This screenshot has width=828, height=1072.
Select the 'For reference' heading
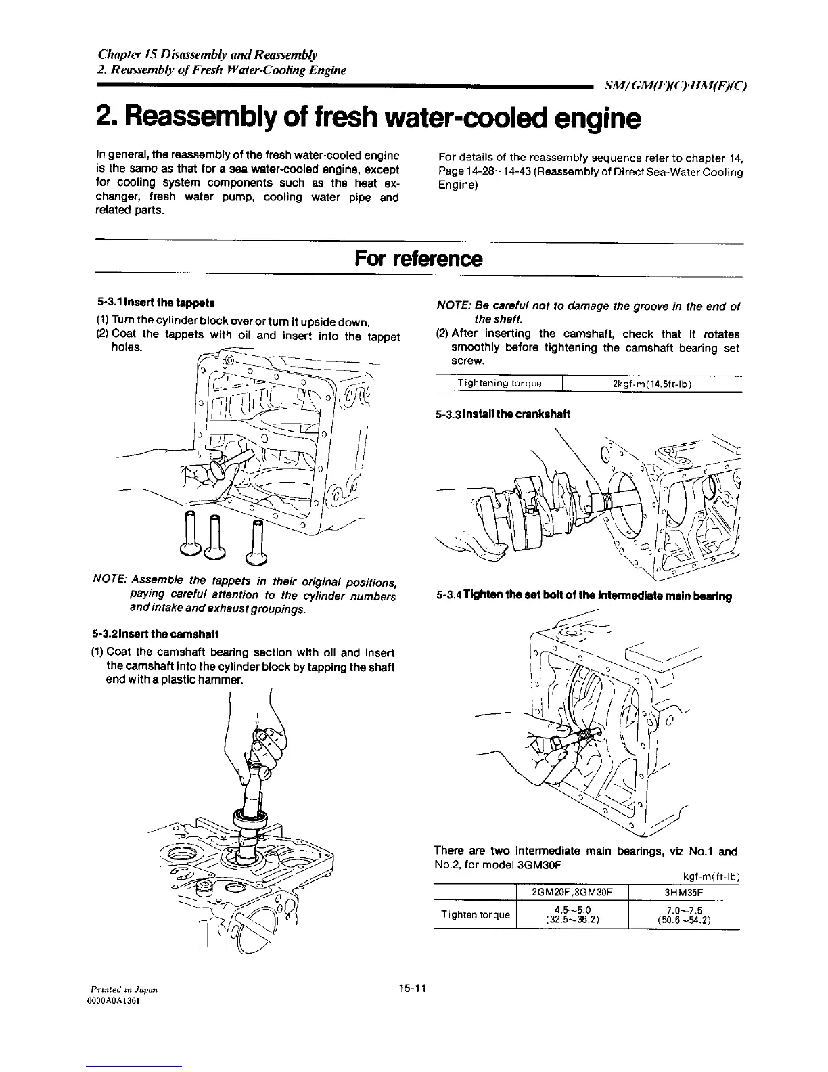coord(418,259)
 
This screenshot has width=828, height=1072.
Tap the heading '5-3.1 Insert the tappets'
coord(155,302)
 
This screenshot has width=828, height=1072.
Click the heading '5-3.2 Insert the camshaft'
coord(154,635)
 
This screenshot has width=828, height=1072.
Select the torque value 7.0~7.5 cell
coord(685,915)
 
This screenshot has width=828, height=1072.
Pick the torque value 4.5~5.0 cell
coord(572,915)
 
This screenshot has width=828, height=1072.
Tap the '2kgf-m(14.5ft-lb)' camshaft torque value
coord(651,384)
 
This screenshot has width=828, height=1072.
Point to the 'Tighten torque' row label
coord(474,915)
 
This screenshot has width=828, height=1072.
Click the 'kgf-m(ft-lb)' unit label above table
coord(711,878)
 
